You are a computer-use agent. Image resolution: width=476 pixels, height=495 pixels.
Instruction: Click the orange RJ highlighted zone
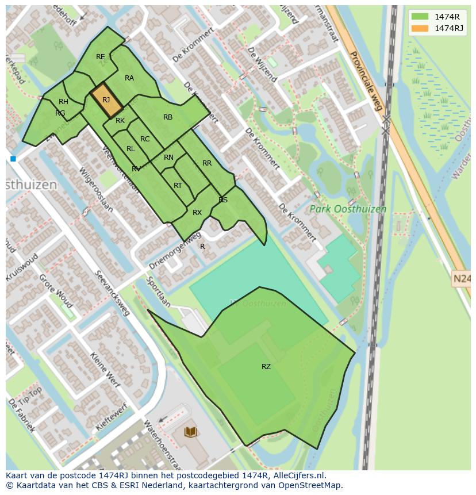(x=106, y=100)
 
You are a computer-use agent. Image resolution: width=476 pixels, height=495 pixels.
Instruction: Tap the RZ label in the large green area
(x=266, y=366)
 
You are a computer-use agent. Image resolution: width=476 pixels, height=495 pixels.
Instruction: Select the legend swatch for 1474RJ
(x=420, y=28)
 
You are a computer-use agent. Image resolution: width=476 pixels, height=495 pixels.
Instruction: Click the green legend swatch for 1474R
(x=420, y=17)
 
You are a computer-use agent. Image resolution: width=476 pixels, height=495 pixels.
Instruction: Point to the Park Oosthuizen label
(x=348, y=209)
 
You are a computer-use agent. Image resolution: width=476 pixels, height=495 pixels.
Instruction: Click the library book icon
(x=190, y=431)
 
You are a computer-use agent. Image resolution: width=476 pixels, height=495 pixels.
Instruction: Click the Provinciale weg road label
(x=366, y=81)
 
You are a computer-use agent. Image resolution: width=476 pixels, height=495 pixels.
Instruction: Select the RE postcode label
(x=101, y=56)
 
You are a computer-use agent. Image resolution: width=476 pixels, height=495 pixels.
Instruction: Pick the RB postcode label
(x=168, y=117)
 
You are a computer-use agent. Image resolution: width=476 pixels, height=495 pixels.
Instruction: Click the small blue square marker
(x=13, y=159)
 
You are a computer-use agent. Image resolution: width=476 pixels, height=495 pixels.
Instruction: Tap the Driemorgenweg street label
(x=175, y=251)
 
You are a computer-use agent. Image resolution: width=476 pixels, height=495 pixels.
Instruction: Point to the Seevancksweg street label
(x=113, y=293)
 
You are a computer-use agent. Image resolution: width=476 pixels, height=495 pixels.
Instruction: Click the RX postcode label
(x=197, y=213)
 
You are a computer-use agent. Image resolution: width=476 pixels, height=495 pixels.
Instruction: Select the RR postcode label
(x=207, y=163)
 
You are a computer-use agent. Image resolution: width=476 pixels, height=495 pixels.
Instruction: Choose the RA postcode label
(x=129, y=78)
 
